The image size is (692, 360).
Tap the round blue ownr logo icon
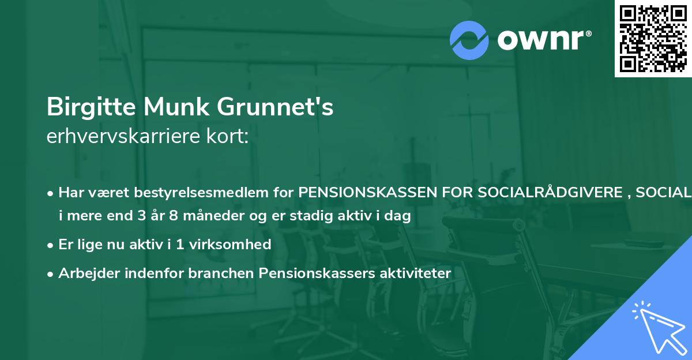(x=469, y=40)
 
